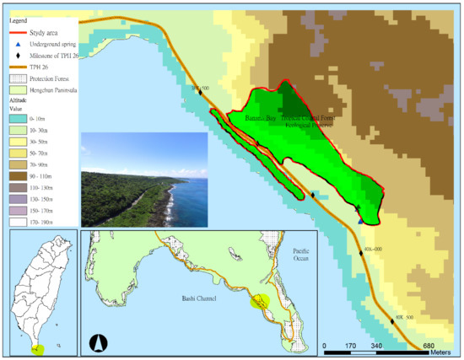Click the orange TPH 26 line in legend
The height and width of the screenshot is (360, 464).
click(13, 64)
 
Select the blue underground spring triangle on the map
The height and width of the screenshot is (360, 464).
click(361, 221)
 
